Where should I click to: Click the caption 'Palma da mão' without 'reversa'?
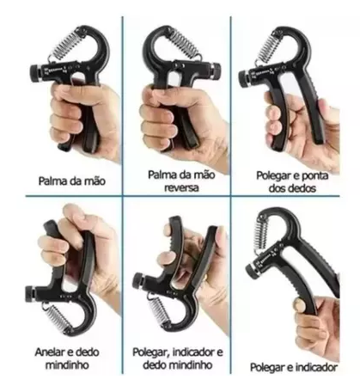72,181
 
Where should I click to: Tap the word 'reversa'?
181,188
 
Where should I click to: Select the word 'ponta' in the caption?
314,175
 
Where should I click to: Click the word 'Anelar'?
51,352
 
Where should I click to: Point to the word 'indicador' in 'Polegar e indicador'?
316,367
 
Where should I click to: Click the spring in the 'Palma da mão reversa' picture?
185,43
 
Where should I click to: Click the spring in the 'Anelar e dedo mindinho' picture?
59,318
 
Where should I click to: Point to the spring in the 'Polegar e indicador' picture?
260,234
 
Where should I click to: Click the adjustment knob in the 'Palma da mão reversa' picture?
216,71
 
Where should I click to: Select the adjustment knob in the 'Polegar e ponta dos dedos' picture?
244,79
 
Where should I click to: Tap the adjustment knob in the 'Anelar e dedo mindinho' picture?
31,294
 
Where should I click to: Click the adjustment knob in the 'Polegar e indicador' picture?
252,271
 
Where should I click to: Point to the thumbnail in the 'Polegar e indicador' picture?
298,305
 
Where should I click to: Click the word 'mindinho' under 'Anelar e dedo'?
68,365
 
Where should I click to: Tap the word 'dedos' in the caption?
302,188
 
